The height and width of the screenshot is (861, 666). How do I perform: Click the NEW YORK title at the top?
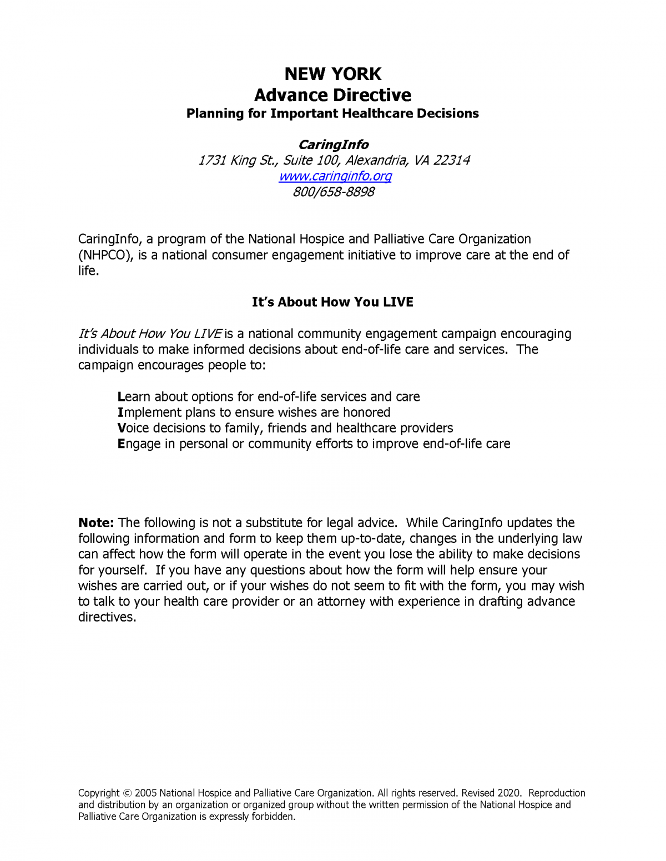click(332, 74)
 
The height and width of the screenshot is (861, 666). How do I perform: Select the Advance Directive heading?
click(332, 95)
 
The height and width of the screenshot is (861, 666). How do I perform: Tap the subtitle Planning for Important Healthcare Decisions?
click(332, 114)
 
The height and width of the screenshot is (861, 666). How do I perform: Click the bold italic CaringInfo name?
click(333, 145)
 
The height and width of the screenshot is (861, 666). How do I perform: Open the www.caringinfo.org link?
click(335, 176)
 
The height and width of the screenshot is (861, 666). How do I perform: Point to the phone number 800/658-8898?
click(333, 192)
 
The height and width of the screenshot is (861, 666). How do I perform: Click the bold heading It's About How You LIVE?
click(332, 302)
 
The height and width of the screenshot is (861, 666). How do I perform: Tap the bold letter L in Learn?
click(121, 397)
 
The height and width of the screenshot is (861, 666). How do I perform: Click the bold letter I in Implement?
click(120, 412)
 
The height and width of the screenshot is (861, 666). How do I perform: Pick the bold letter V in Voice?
click(122, 428)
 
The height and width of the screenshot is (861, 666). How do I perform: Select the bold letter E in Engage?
click(121, 444)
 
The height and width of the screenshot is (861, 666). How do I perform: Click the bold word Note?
click(96, 523)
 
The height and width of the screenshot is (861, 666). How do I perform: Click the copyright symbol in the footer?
click(127, 793)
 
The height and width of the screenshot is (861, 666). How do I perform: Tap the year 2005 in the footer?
click(146, 793)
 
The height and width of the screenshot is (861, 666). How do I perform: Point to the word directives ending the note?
click(107, 617)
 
